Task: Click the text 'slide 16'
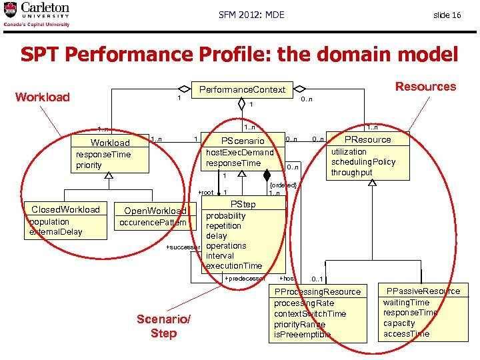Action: [x=447, y=15]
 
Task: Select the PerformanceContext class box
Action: [x=243, y=89]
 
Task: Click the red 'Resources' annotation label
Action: [x=425, y=87]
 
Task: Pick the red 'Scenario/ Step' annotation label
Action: [x=163, y=327]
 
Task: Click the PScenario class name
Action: [x=243, y=141]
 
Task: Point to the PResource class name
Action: [x=367, y=140]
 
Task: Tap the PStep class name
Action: [x=243, y=205]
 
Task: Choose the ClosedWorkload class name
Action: [x=65, y=209]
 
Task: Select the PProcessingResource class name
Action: [x=317, y=292]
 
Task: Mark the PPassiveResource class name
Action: [x=422, y=291]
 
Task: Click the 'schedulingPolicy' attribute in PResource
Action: [x=363, y=162]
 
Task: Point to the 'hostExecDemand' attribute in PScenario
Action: [x=240, y=153]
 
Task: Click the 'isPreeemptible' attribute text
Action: [x=303, y=335]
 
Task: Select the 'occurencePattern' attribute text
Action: [x=153, y=221]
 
